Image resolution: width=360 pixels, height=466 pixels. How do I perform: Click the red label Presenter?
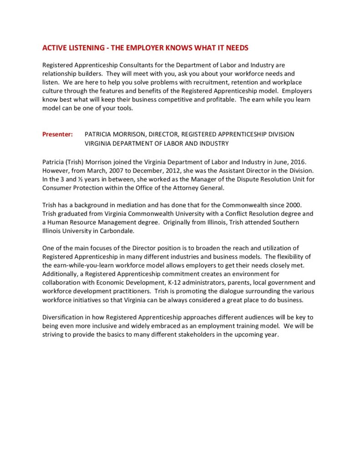pos(57,134)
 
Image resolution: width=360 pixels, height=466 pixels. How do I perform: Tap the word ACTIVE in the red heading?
pos(52,48)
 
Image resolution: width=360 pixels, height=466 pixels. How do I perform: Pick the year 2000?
pos(289,205)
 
